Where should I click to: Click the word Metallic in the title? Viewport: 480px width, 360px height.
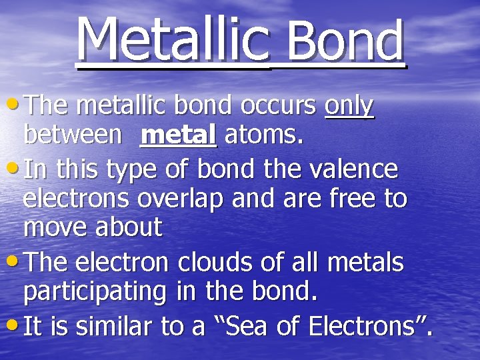click(173, 39)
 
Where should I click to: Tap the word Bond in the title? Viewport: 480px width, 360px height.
click(345, 41)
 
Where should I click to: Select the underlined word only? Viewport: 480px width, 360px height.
click(349, 107)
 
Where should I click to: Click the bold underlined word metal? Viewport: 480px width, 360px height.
click(179, 135)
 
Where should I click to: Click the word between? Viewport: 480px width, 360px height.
click(73, 135)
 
